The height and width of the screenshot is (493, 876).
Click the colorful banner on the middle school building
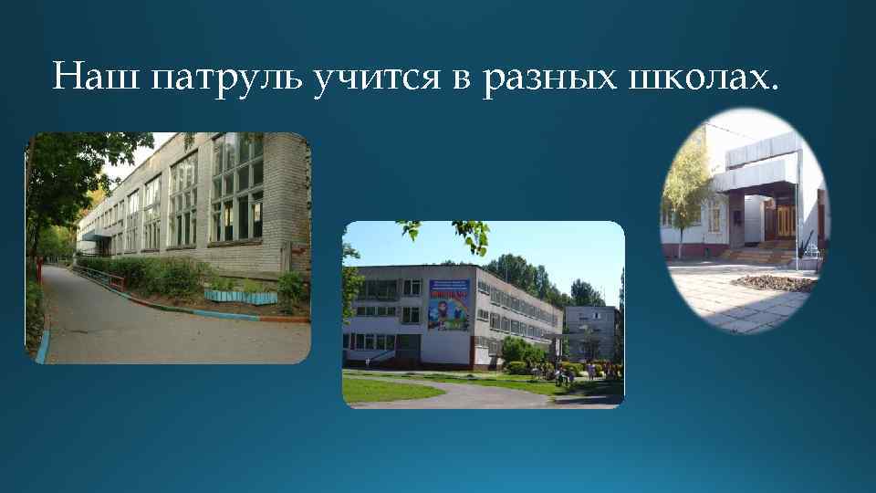coord(448,303)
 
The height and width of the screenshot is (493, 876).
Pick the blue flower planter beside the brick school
coord(240,297)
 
